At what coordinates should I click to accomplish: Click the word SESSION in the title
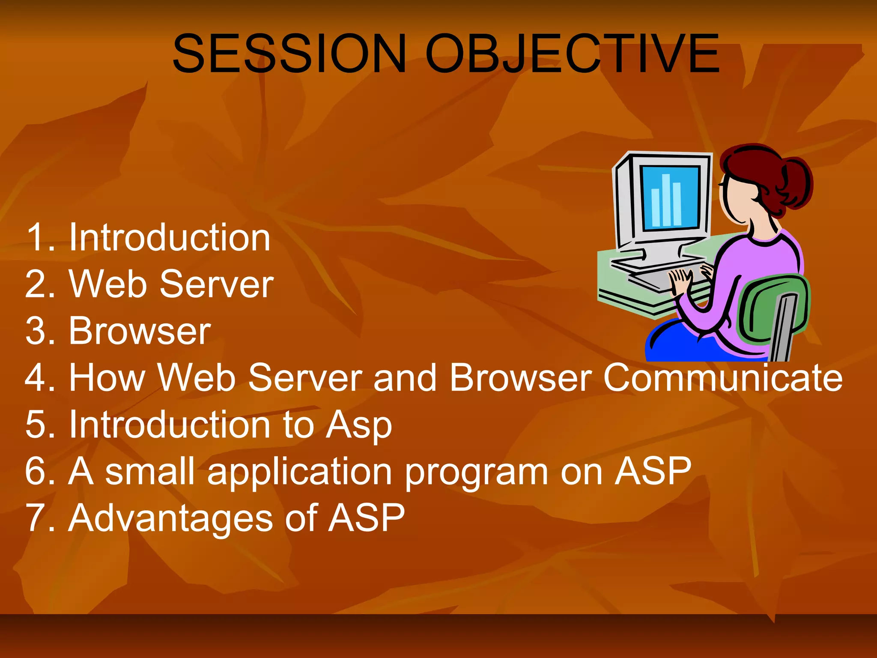coord(289,54)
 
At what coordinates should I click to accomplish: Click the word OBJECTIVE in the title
coord(573,54)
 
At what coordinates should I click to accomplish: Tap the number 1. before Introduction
coord(41,238)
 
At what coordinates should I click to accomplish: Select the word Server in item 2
coord(216,284)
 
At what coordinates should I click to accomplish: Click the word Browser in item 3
coord(140,331)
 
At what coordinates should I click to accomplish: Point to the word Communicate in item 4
coord(723,378)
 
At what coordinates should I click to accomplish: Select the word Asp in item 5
coord(358,425)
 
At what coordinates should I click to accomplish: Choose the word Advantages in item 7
coord(170,519)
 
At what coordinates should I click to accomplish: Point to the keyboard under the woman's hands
coord(655,278)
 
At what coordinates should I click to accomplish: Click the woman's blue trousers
coord(685,343)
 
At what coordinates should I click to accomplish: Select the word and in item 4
coord(404,378)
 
